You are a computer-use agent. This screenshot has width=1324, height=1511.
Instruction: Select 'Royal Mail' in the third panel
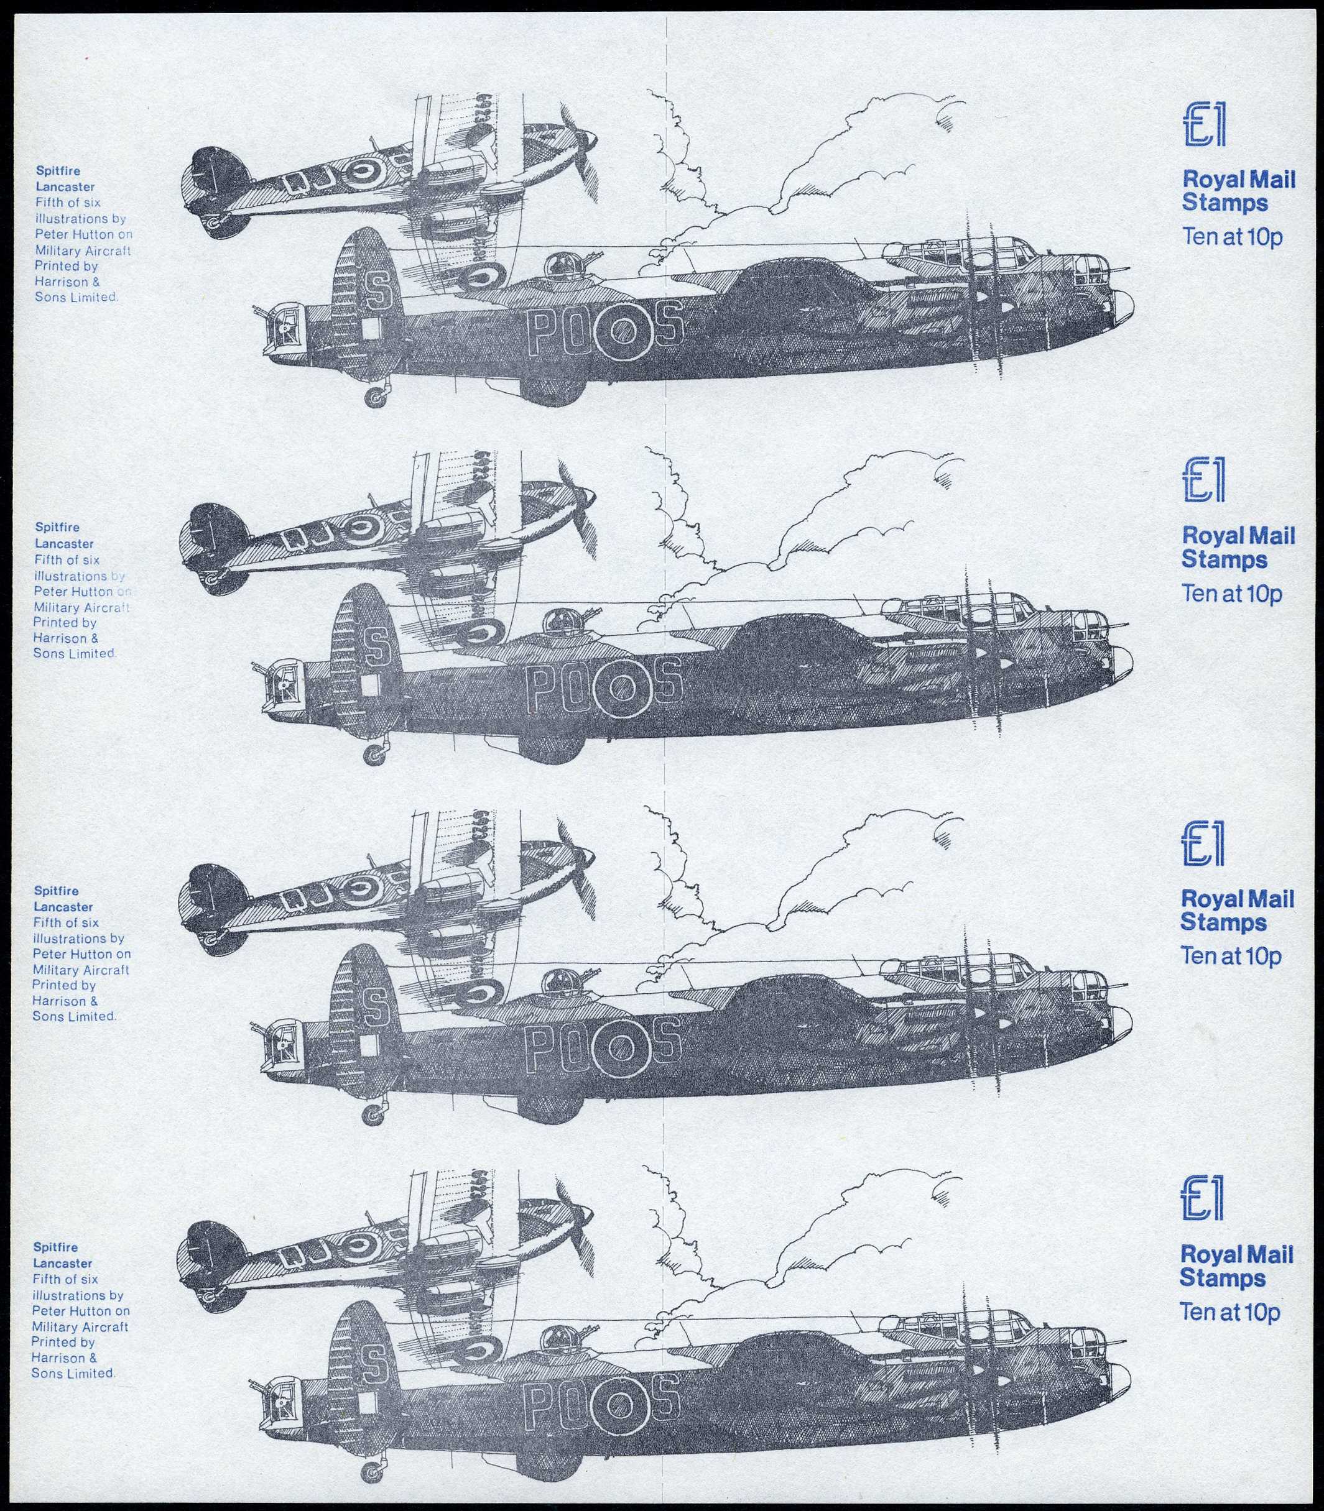click(x=1238, y=899)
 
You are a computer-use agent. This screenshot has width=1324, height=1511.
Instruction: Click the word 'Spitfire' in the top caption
click(x=58, y=170)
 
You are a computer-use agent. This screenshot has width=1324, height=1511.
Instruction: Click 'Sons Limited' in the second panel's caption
click(x=74, y=654)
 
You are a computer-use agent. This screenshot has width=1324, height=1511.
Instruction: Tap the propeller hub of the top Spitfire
click(x=589, y=138)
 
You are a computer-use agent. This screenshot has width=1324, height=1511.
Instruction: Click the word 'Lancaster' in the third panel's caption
click(x=63, y=907)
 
